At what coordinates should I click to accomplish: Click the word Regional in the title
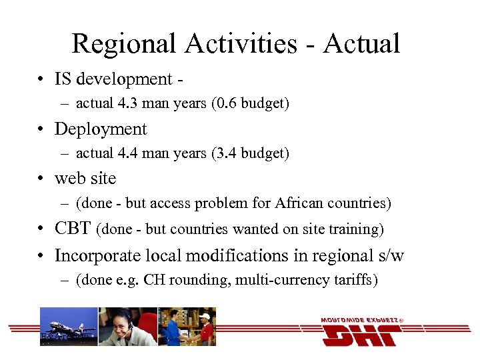tap(124, 44)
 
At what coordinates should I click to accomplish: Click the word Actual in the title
tap(361, 44)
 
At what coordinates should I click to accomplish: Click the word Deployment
tap(101, 129)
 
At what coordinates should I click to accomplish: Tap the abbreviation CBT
tap(73, 229)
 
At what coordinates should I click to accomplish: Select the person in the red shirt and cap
tap(204, 327)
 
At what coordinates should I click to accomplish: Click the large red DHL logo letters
tap(361, 333)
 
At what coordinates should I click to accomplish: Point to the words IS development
tap(113, 79)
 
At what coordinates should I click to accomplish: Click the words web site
tap(85, 179)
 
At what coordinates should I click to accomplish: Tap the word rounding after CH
tap(198, 280)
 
